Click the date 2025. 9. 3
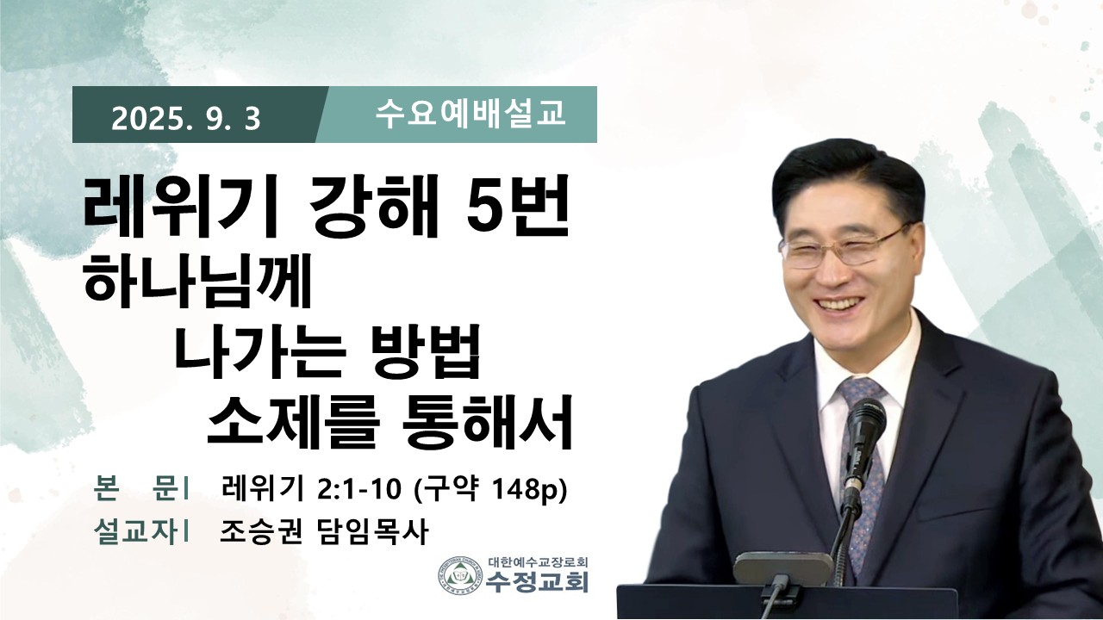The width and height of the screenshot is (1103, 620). click(185, 119)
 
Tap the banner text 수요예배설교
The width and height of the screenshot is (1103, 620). click(470, 115)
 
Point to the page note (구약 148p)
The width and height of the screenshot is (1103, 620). click(491, 491)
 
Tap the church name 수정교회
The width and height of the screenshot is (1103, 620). click(537, 581)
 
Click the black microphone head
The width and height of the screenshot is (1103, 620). click(864, 428)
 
